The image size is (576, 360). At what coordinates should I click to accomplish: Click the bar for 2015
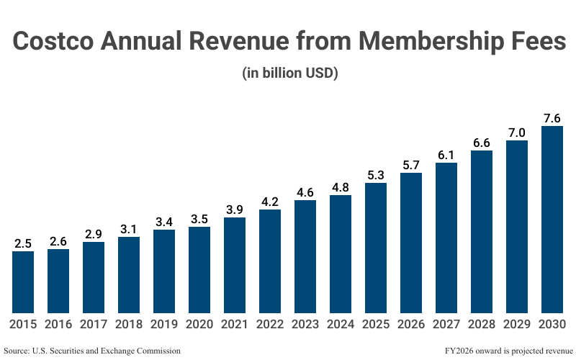(23, 282)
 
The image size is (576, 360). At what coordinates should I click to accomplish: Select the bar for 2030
(552, 219)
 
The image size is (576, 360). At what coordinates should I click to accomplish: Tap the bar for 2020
(199, 269)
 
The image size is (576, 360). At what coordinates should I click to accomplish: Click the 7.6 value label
(552, 117)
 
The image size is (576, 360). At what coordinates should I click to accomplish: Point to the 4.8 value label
(341, 186)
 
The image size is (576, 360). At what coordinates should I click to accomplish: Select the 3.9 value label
(235, 209)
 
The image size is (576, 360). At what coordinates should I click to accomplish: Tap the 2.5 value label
(23, 243)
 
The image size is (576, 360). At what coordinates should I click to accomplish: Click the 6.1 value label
(446, 154)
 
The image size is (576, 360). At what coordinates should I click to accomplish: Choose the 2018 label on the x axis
(129, 325)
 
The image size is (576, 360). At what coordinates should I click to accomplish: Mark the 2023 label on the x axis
(305, 325)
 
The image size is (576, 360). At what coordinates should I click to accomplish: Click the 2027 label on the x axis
(446, 325)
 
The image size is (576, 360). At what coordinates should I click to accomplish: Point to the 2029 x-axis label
(517, 325)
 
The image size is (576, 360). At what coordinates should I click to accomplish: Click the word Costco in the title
(55, 42)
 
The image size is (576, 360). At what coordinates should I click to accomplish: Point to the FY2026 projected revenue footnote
(496, 350)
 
